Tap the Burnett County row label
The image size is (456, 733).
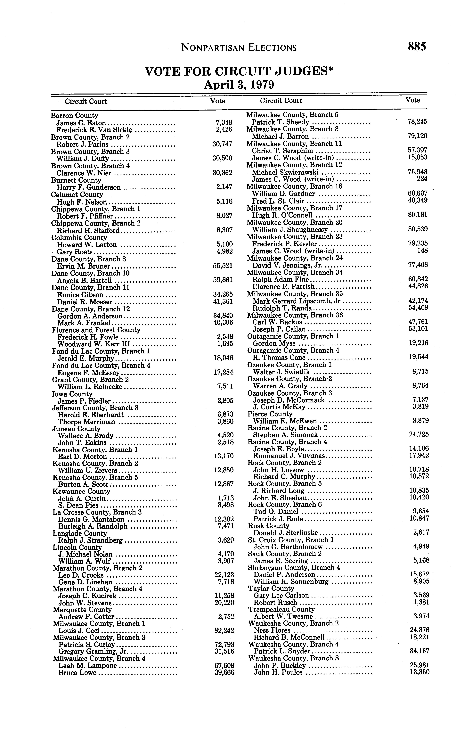pyautogui.click(x=76, y=180)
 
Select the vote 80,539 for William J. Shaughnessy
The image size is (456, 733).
pyautogui.click(x=418, y=229)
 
